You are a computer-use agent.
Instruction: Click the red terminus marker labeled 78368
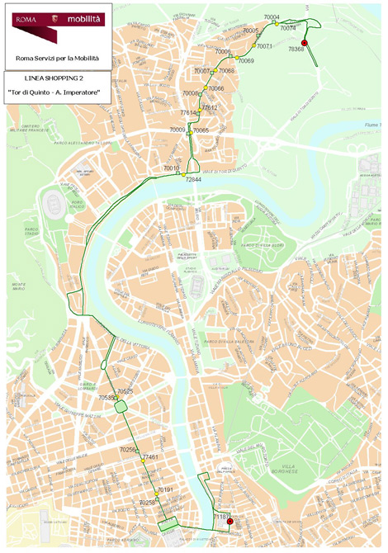click(x=304, y=43)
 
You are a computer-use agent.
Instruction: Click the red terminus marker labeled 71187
click(x=229, y=521)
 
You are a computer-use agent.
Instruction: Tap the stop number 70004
click(x=272, y=17)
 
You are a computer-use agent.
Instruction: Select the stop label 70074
click(x=288, y=28)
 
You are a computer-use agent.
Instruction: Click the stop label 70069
click(x=245, y=61)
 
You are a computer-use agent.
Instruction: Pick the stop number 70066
click(x=216, y=88)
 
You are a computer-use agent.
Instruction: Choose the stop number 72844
click(x=193, y=179)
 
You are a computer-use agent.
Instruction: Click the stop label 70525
click(x=125, y=390)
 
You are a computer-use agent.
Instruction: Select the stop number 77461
click(x=149, y=456)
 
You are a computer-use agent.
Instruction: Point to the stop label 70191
click(x=164, y=489)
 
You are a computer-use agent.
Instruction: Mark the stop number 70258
click(x=148, y=502)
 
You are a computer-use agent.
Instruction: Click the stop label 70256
click(x=128, y=450)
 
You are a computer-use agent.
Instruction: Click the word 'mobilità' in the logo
click(x=84, y=16)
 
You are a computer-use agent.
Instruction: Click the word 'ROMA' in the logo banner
click(x=23, y=16)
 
